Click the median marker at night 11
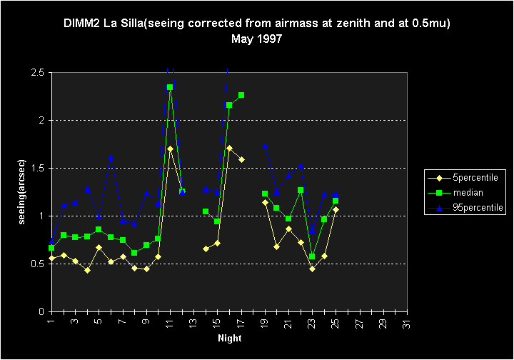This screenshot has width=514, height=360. (x=170, y=87)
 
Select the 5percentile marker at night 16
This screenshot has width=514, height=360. (x=229, y=148)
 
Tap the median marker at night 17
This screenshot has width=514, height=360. (x=241, y=95)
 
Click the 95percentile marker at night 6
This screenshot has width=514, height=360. (x=111, y=157)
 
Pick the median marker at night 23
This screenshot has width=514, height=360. (x=312, y=256)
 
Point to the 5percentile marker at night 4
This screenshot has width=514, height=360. (x=87, y=270)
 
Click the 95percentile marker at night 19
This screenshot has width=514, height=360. (x=265, y=145)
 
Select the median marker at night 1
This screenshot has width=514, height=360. (x=51, y=248)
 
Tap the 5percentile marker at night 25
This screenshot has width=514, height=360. (x=336, y=209)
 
